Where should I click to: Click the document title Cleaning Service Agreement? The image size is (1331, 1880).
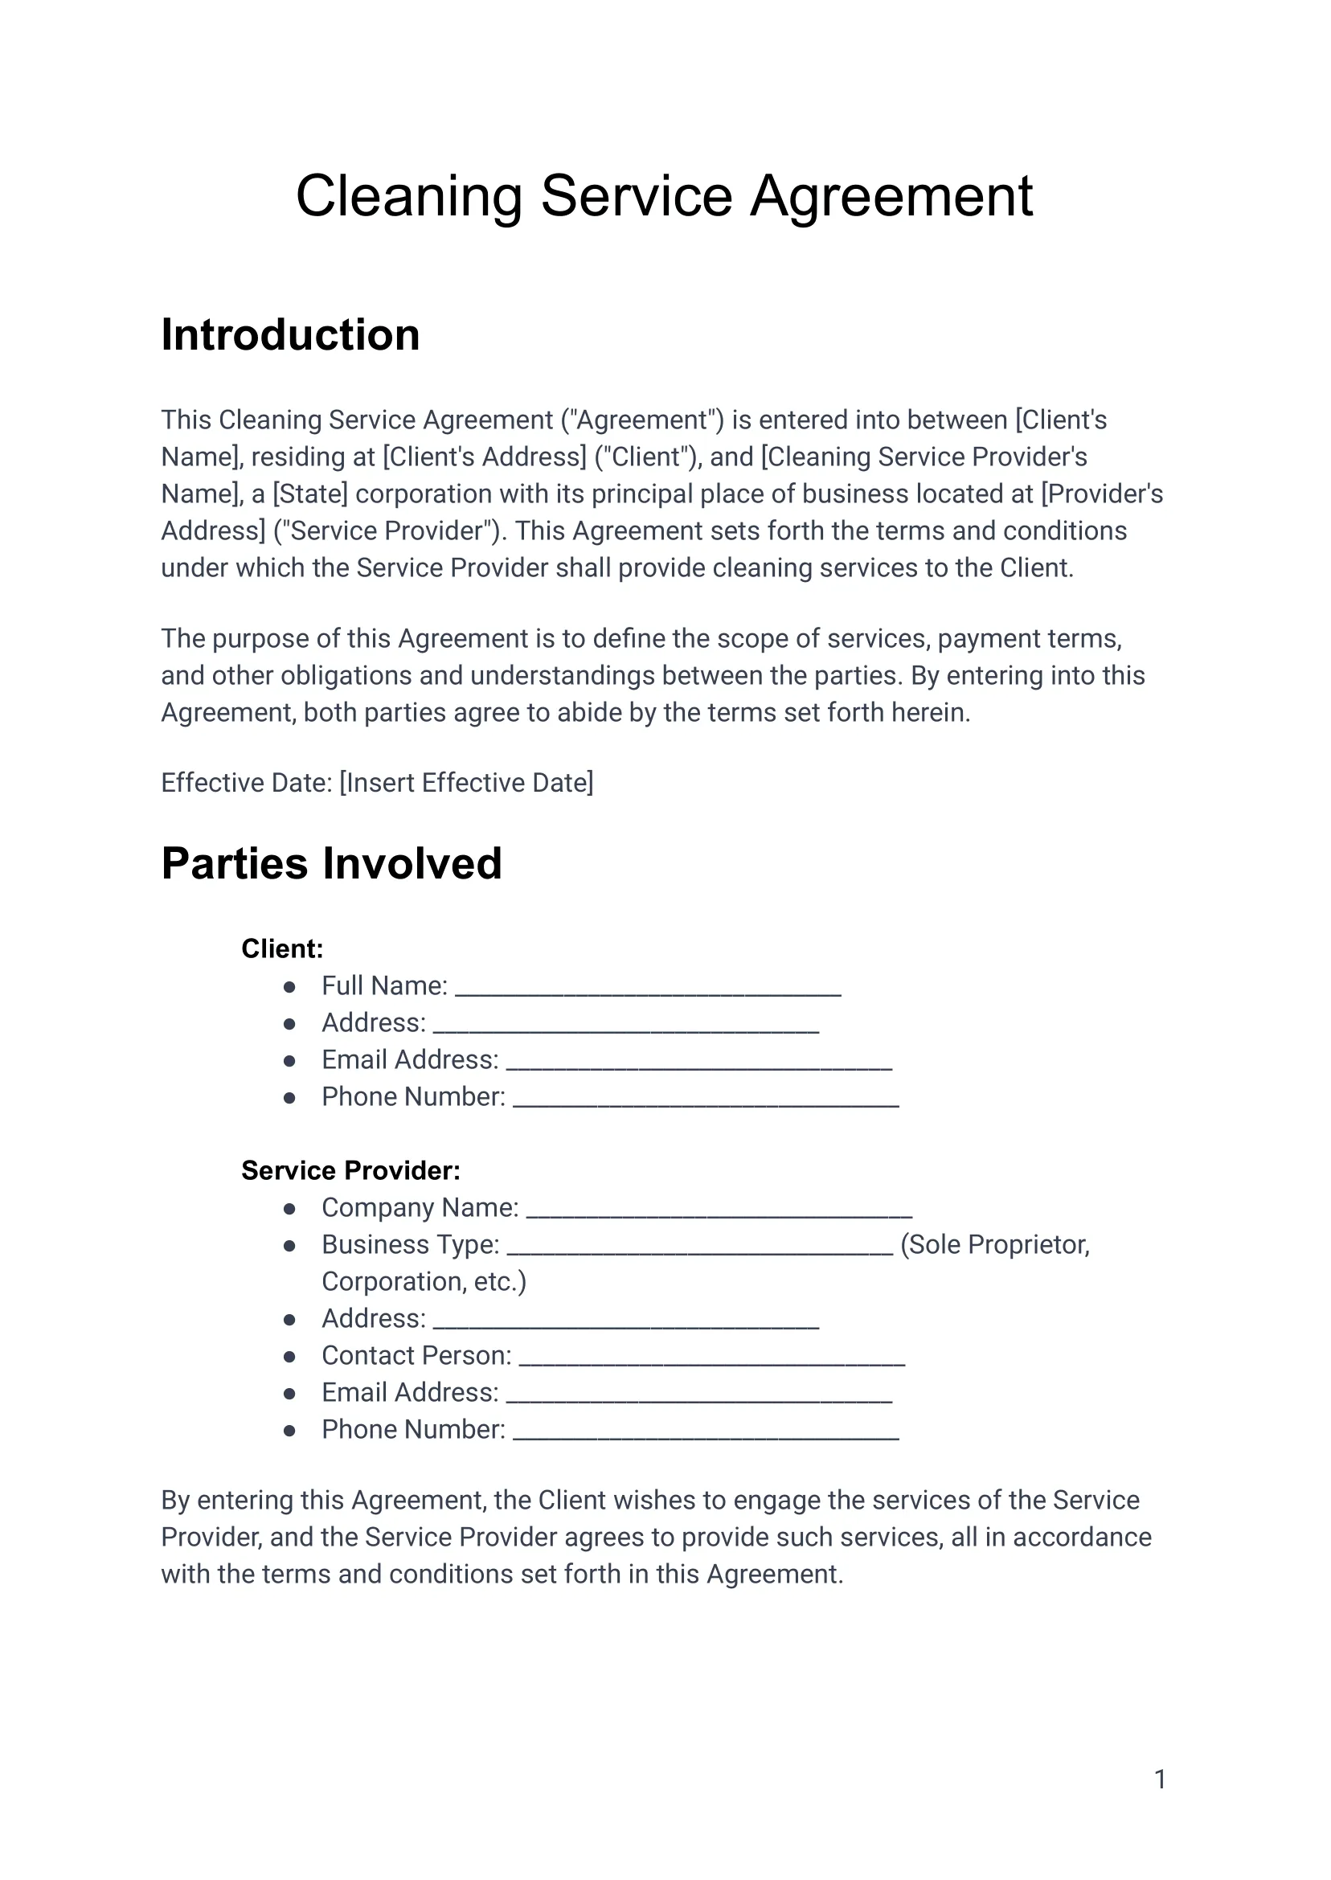tap(664, 197)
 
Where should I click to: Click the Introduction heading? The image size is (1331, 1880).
tap(290, 335)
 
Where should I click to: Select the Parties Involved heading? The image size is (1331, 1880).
tap(331, 864)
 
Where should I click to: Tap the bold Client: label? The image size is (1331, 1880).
tap(282, 949)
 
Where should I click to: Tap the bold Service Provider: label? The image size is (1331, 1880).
tap(350, 1171)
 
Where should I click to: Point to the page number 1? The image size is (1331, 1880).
tap(1160, 1780)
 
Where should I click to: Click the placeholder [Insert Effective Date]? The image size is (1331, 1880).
tap(466, 784)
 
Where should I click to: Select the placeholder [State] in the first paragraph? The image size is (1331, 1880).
tap(309, 494)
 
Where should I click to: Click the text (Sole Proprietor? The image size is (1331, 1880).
tap(995, 1245)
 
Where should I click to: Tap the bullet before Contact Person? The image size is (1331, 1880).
tap(289, 1357)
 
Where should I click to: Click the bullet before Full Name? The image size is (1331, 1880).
tap(289, 987)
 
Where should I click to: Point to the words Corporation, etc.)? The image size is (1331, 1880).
tap(424, 1282)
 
